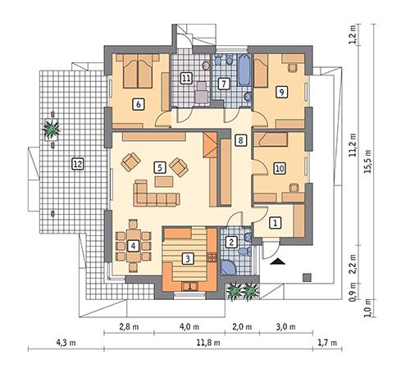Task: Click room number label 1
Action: point(276,221)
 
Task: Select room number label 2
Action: point(232,242)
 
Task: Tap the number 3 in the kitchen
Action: point(188,258)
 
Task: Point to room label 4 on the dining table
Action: point(134,245)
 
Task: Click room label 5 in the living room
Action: point(159,167)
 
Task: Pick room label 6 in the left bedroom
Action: point(138,103)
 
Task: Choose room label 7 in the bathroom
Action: point(222,83)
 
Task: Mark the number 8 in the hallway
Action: point(239,141)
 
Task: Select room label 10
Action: point(279,168)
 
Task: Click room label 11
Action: point(187,79)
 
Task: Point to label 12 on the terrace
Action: point(77,163)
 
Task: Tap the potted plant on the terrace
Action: point(52,128)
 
